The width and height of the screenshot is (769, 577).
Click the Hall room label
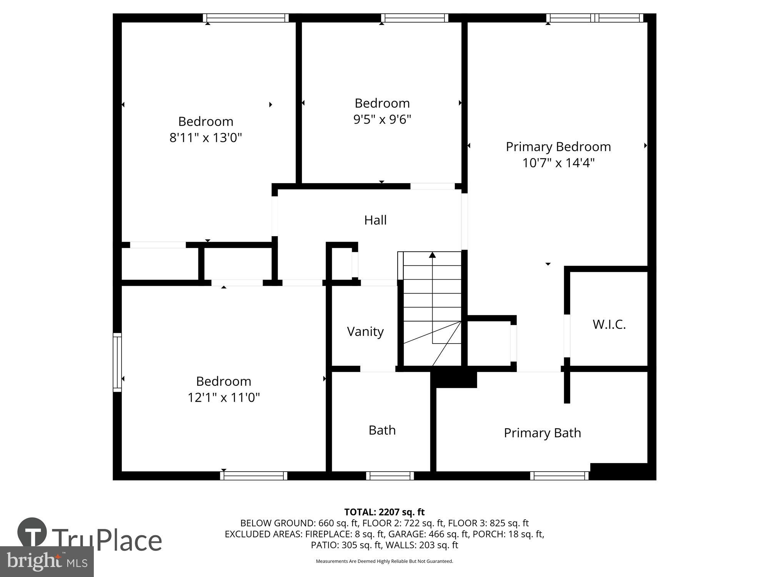tap(375, 220)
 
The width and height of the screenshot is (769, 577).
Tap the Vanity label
tap(365, 332)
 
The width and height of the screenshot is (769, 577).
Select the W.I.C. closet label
tap(609, 325)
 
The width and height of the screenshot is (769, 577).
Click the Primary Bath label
tap(542, 433)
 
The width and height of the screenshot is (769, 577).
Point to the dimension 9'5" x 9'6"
tap(382, 119)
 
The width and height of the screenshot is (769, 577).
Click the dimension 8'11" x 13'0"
tap(206, 138)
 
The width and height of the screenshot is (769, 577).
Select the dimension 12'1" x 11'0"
tap(223, 397)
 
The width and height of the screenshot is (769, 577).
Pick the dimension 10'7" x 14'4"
tap(558, 163)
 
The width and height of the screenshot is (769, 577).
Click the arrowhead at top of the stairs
tap(433, 255)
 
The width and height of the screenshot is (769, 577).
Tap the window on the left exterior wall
tap(117, 362)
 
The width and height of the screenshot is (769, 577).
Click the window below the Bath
tap(390, 476)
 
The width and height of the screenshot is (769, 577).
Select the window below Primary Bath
tap(559, 476)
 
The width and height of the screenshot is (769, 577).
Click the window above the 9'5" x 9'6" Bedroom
tap(415, 18)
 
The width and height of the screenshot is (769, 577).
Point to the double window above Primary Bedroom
tap(595, 18)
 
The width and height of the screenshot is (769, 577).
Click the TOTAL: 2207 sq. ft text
tap(384, 512)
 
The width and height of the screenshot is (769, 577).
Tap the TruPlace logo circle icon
tap(32, 532)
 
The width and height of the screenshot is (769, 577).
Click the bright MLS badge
tap(47, 562)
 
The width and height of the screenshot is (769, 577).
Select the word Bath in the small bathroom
tap(382, 430)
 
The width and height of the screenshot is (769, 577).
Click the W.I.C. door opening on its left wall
tap(567, 336)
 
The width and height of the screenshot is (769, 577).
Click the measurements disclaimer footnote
tap(384, 561)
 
